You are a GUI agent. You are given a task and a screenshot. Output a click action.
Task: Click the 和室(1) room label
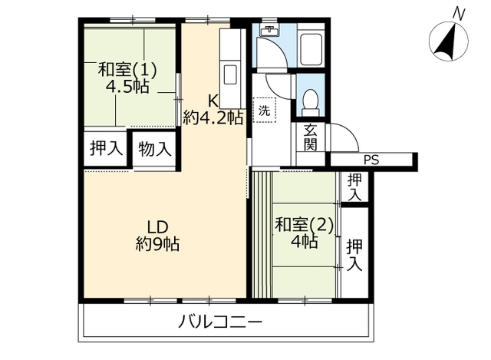pos(127,70)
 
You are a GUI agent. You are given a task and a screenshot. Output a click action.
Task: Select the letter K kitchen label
pos(213,101)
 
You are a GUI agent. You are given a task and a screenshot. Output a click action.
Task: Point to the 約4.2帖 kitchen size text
pos(213,117)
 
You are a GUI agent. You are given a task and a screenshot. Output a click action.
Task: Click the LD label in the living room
pos(158,227)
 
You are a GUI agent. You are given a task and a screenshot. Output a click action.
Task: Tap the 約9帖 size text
pos(157,244)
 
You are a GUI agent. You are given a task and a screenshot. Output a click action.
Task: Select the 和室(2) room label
pos(304,225)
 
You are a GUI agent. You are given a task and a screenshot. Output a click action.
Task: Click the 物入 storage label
pos(155,148)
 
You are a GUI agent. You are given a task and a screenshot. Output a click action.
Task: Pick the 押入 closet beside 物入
pos(106,148)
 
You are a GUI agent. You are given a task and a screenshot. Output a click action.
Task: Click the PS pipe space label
pos(371,160)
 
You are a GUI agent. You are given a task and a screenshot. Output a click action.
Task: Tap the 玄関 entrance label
pos(311,137)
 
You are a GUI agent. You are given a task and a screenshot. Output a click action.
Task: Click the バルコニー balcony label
pos(220,322)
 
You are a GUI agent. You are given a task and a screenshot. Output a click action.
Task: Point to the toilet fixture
pos(310,103)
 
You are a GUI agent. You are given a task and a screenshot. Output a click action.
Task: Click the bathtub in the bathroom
pos(311,49)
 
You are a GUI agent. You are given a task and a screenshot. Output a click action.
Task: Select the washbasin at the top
pos(269,31)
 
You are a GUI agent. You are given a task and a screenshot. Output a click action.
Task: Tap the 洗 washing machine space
pos(265,110)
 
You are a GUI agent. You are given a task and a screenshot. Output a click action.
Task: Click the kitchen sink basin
pos(230,74)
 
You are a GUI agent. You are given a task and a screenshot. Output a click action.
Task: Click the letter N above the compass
pos(460,15)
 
